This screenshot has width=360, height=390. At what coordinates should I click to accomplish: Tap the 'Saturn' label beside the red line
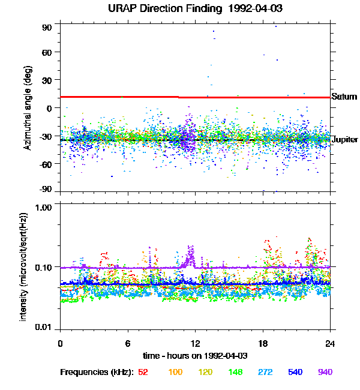pos(344,97)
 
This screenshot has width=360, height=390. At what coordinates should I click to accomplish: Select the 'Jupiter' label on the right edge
pos(345,140)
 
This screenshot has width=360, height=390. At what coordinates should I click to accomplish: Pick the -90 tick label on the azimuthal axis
pos(46,189)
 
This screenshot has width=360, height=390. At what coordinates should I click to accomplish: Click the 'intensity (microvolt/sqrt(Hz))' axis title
pos(24,266)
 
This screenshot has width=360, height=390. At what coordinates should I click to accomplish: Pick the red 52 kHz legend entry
pos(143,372)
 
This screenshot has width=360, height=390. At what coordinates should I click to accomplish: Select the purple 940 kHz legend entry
pos(325,372)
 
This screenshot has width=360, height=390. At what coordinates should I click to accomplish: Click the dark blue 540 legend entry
pos(294,372)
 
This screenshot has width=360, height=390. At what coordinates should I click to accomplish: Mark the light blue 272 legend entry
pos(264,372)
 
